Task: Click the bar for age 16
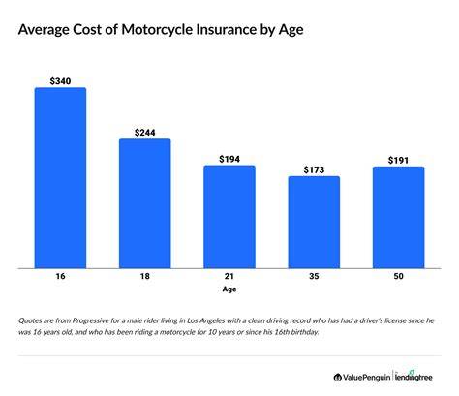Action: click(x=60, y=178)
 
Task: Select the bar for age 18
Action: click(x=145, y=203)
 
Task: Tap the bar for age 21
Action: click(x=229, y=217)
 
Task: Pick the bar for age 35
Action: click(x=314, y=223)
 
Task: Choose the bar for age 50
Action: click(x=399, y=218)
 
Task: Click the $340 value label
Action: click(x=60, y=81)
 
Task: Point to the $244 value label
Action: click(x=145, y=133)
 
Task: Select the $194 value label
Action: click(x=229, y=159)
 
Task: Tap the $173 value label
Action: click(x=314, y=169)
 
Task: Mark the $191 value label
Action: click(x=398, y=160)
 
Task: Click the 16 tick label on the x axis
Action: click(x=60, y=276)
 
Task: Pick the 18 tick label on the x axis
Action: click(x=145, y=276)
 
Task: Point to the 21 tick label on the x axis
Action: click(x=229, y=276)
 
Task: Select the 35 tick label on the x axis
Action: click(x=314, y=276)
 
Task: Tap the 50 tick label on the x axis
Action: click(x=399, y=276)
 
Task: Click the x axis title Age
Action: click(x=229, y=289)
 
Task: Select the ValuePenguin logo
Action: click(x=362, y=377)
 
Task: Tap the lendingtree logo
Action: click(x=413, y=377)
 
